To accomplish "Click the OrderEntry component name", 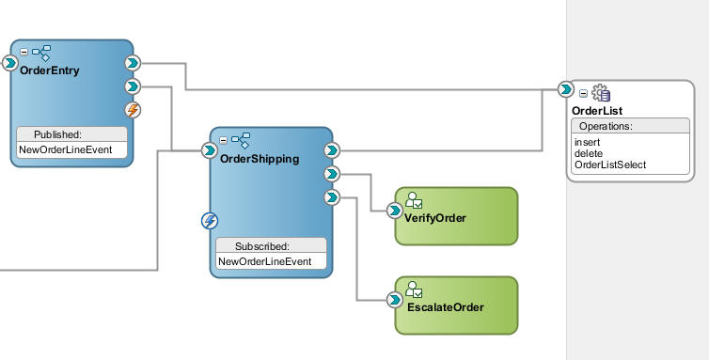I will coord(50,70).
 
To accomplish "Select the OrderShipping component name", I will coord(260,159).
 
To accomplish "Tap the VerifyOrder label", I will coord(435,218).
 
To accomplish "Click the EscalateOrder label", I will coord(439,307).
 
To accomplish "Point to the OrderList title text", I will coord(597,111).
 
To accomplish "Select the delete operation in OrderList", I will coord(588,153).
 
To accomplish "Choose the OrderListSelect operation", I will coord(609,164).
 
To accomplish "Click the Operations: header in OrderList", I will coord(606,126).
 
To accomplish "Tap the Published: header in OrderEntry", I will coord(58,134).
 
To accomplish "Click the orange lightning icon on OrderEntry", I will coord(133,110).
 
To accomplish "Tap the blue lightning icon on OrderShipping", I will coord(211,221).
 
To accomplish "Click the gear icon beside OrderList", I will coord(601,93).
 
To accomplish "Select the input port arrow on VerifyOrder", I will coord(395,211).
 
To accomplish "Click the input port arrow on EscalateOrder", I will coord(395,300).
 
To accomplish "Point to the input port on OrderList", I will coord(565,89).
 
